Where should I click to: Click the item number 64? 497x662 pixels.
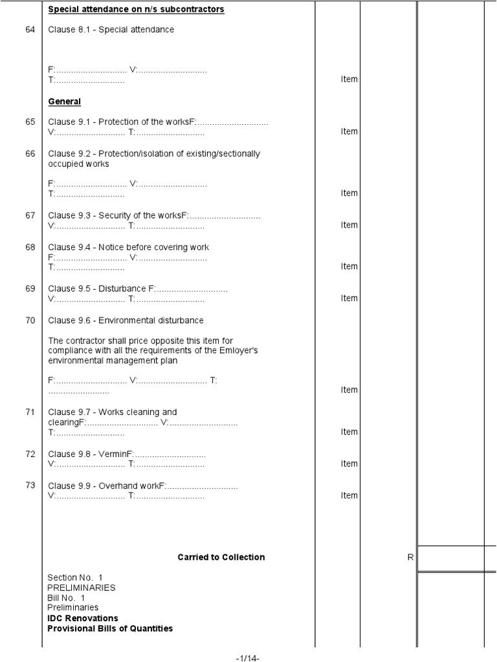30,30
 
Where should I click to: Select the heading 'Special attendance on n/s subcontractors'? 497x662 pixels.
136,10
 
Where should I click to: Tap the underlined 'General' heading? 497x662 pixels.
65,101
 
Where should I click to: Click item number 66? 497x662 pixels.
30,154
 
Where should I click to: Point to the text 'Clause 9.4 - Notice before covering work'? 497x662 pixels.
129,247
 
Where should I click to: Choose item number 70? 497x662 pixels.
30,321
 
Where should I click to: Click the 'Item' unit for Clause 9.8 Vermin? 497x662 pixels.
349,464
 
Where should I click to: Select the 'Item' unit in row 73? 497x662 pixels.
349,495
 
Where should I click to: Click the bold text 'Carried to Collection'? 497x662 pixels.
221,557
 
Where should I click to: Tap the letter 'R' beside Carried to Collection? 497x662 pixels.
410,557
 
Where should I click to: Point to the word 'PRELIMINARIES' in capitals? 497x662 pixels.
82,588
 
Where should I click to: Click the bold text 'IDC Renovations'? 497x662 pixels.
83,618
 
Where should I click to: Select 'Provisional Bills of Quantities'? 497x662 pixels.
110,628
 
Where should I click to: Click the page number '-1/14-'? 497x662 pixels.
247,657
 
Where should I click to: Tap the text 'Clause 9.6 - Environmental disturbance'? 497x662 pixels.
126,321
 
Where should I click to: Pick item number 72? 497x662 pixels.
30,454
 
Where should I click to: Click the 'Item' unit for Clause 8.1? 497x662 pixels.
349,79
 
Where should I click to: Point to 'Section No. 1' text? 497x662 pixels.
75,577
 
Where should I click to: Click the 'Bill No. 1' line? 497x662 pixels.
66,598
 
